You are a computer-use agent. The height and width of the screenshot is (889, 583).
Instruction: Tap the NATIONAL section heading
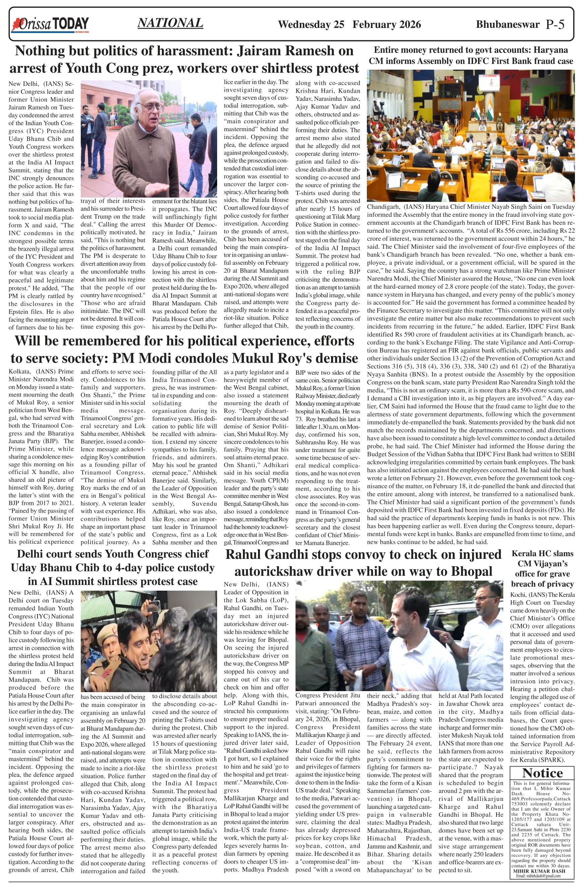pos(170,23)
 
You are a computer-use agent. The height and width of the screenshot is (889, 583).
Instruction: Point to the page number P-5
pos(555,25)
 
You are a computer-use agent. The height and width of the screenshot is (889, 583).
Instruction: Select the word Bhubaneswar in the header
pos(508,25)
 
